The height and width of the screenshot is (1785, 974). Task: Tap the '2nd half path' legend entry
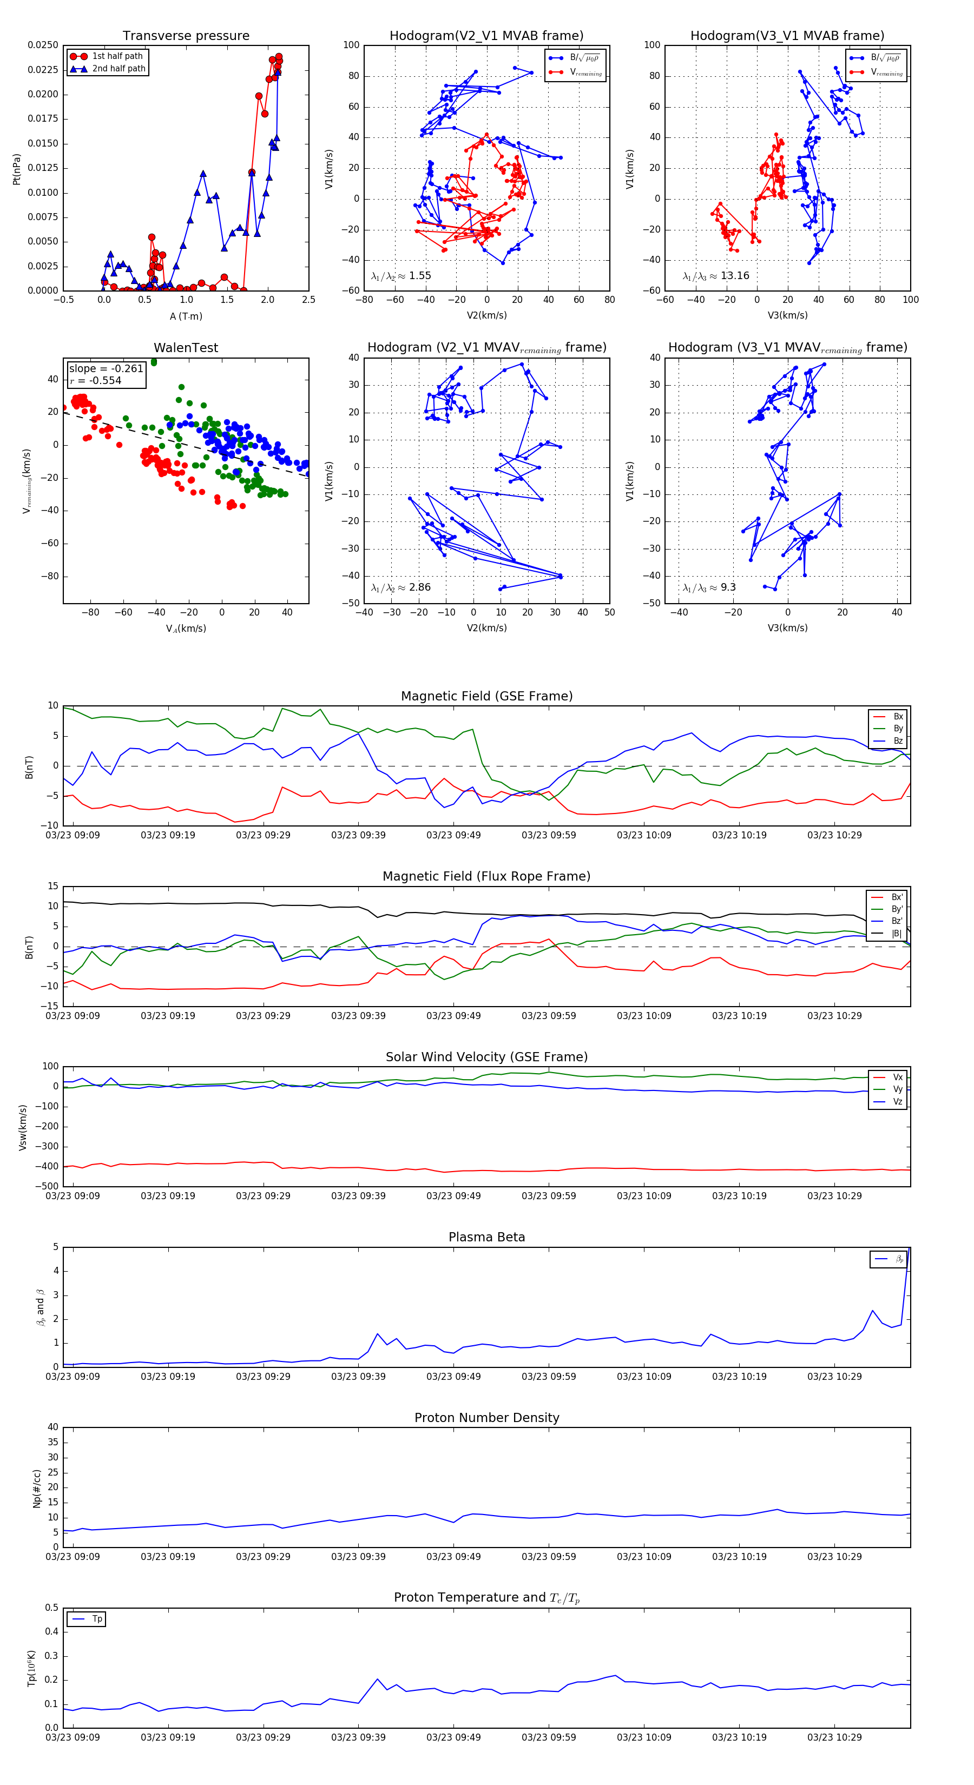tap(119, 69)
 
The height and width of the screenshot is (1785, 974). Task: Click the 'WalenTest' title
tap(186, 348)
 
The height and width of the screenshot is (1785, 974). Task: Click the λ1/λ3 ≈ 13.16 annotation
tap(715, 276)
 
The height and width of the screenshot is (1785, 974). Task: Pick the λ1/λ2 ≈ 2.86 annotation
tap(400, 587)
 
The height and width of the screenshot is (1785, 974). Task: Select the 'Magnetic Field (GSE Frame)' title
tap(486, 696)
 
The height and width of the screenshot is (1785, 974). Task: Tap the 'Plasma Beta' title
tap(486, 1238)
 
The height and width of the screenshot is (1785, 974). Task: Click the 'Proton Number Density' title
tap(486, 1418)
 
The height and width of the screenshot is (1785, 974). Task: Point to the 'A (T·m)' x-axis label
tap(186, 316)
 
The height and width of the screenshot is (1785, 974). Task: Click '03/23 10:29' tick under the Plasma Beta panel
tap(834, 1377)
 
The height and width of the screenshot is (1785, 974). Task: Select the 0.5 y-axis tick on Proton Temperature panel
tap(51, 1608)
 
